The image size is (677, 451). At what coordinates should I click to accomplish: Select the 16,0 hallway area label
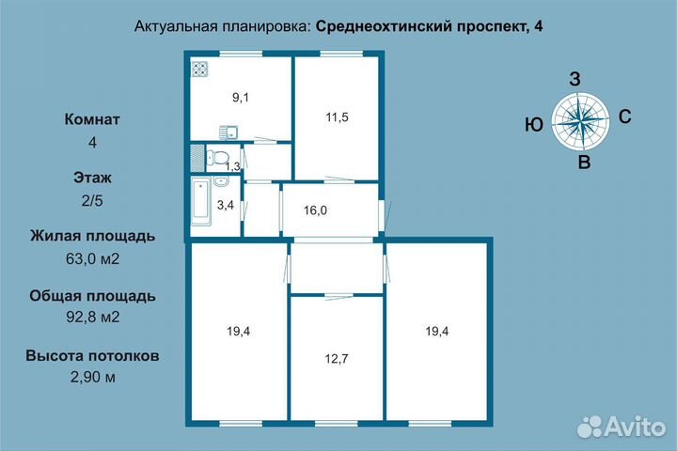[x=315, y=210]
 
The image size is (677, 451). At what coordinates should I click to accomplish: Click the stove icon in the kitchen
[x=199, y=69]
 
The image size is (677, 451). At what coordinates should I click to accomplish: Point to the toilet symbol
[x=220, y=157]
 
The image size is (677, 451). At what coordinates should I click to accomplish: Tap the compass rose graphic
[x=576, y=120]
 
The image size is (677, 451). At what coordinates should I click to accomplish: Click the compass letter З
[x=575, y=79]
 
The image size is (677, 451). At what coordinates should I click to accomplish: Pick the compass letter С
[x=623, y=117]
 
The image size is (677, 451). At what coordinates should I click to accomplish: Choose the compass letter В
[x=583, y=163]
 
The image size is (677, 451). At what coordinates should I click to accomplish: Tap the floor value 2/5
[x=92, y=200]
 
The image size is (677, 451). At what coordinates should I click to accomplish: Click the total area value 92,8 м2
[x=92, y=317]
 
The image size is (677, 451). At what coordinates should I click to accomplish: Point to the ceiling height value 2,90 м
[x=92, y=377]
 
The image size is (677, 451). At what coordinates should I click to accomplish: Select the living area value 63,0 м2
[x=92, y=258]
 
